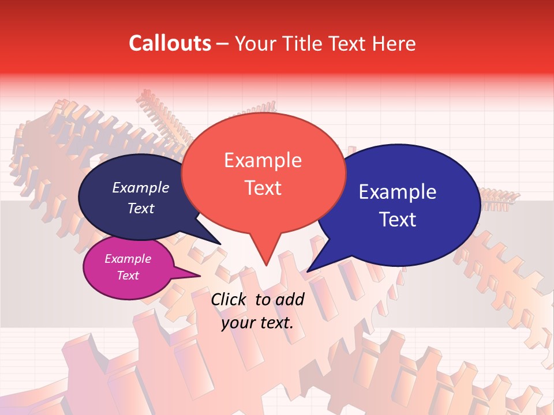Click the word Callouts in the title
coord(170,43)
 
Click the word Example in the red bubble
coord(263,160)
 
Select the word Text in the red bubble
coord(263,188)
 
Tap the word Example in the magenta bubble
coord(128,259)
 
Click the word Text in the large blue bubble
coord(398,220)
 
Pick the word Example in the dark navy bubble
coord(140,187)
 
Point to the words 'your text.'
coord(257,323)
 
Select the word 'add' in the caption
coord(290,299)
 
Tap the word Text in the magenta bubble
coord(128,276)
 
